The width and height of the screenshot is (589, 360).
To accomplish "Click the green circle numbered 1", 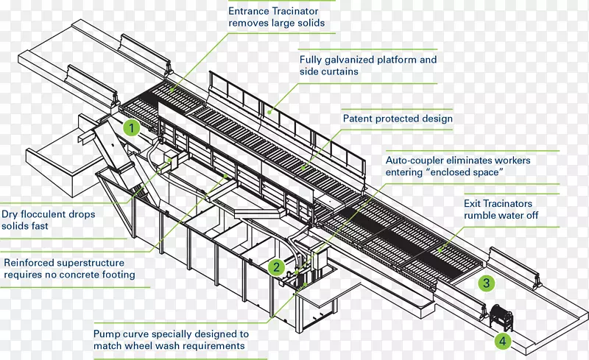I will click(x=132, y=128).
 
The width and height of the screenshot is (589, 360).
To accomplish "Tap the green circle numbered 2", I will click(x=276, y=267).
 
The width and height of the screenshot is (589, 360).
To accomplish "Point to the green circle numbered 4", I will click(x=502, y=341).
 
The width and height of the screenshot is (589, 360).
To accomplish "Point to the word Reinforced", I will click(x=30, y=262).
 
